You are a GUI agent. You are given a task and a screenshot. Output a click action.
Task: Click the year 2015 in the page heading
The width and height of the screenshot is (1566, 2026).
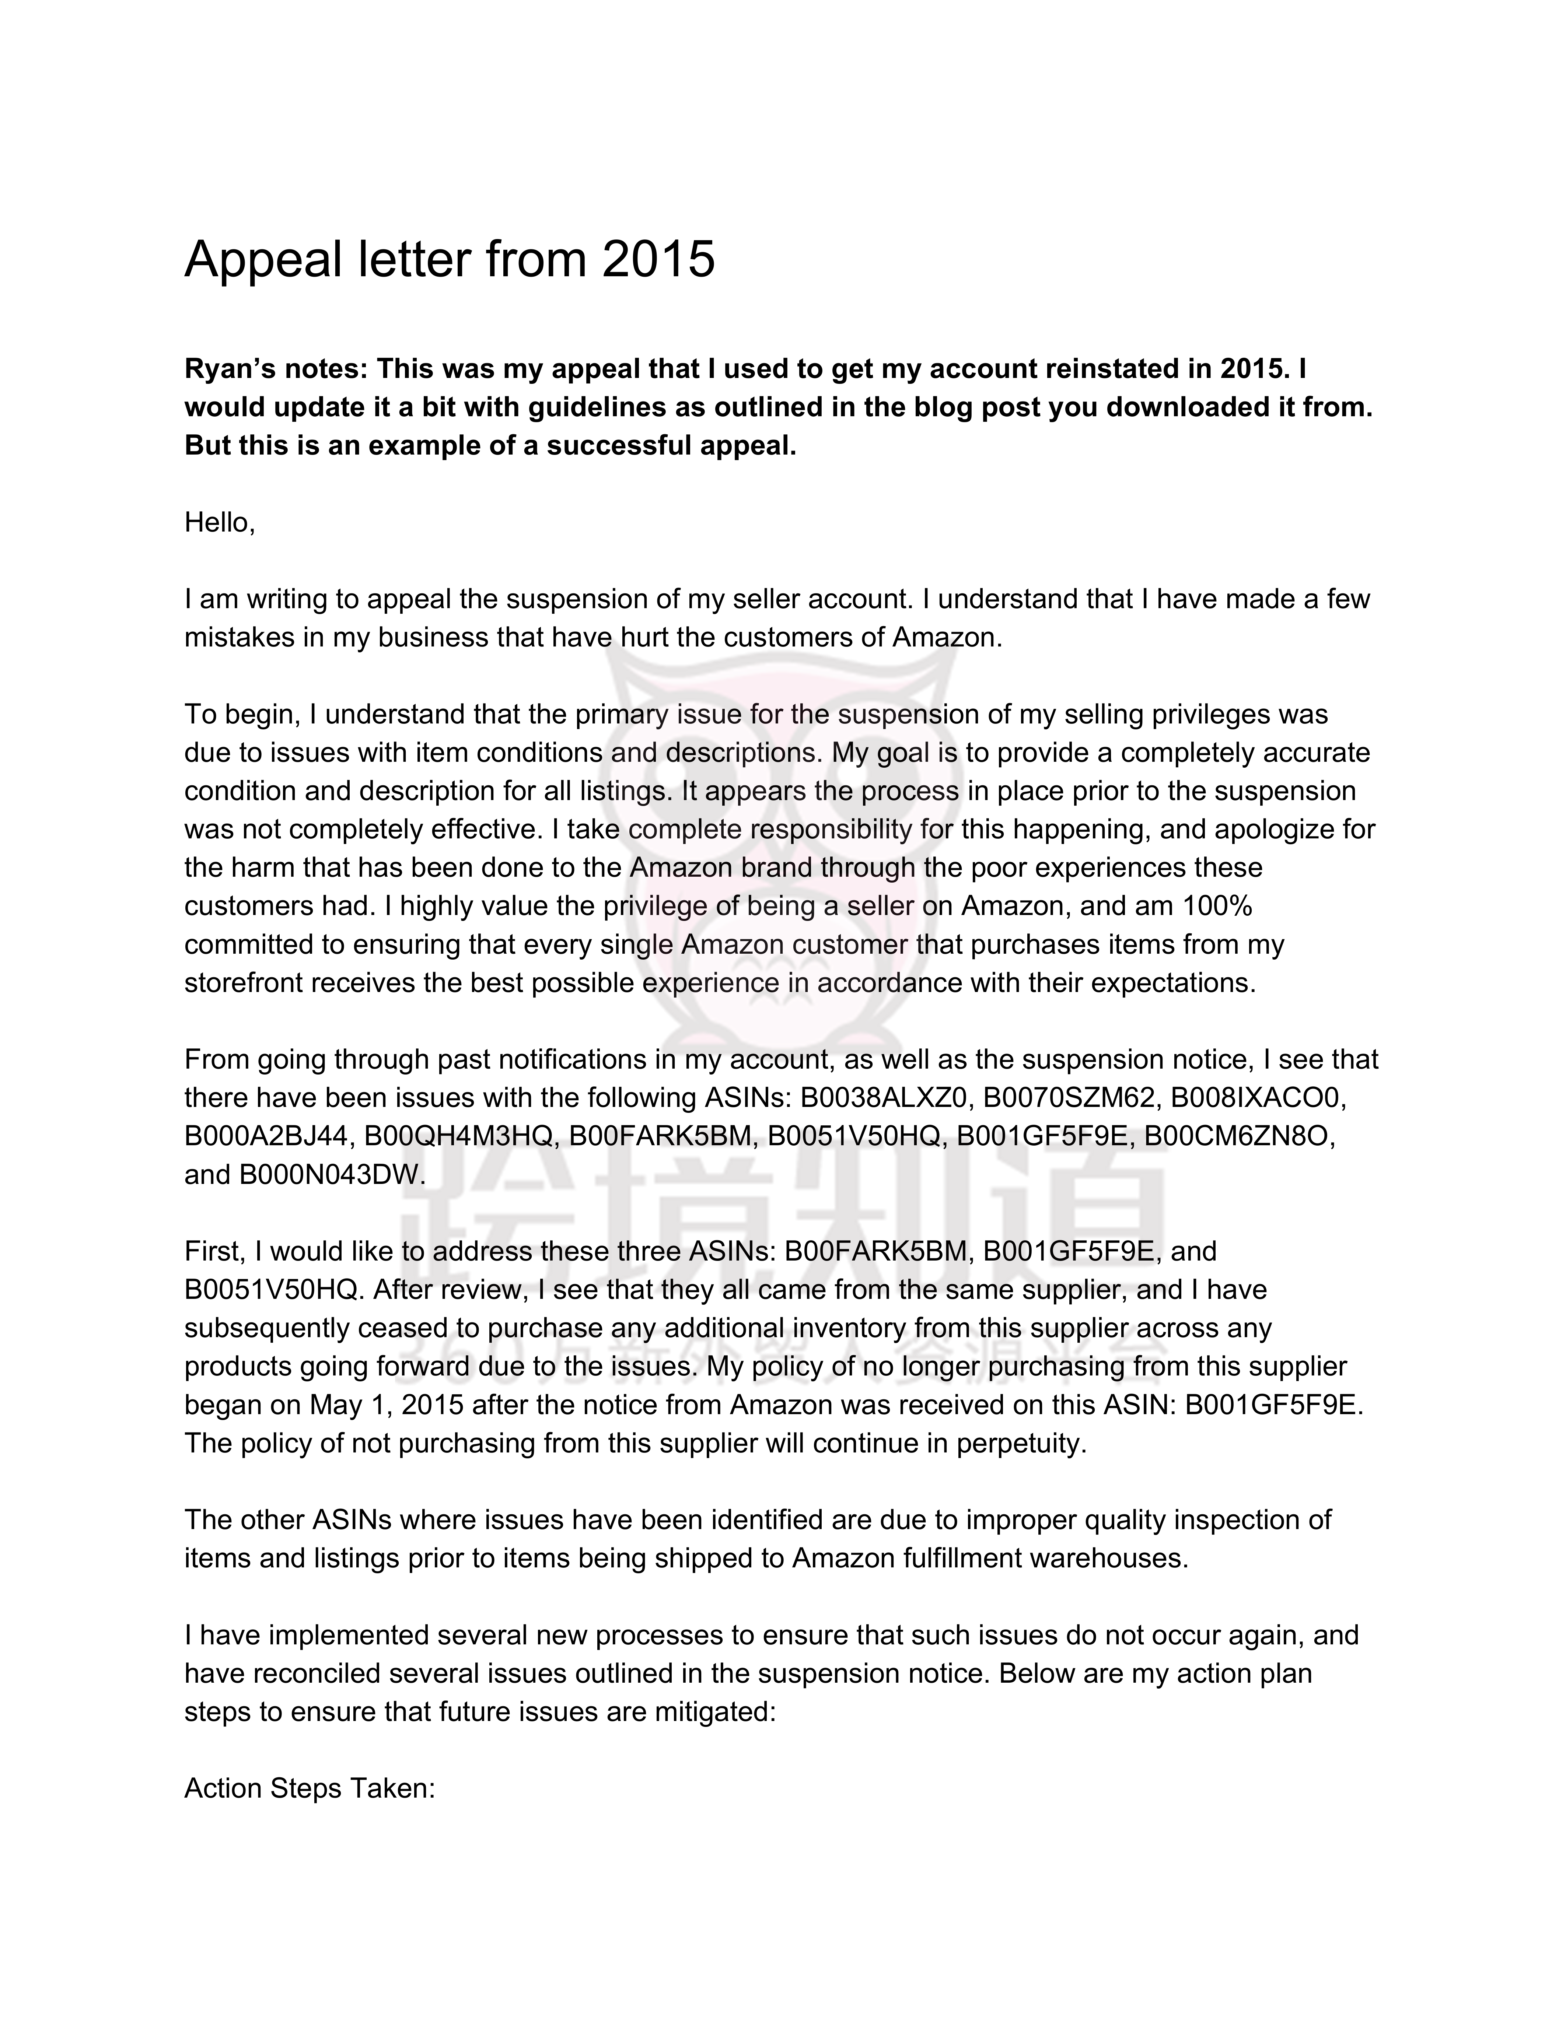[658, 259]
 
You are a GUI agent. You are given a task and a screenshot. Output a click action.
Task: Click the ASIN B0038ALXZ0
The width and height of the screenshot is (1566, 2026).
[884, 1097]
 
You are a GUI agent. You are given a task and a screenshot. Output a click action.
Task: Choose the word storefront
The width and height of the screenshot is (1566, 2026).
[243, 982]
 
